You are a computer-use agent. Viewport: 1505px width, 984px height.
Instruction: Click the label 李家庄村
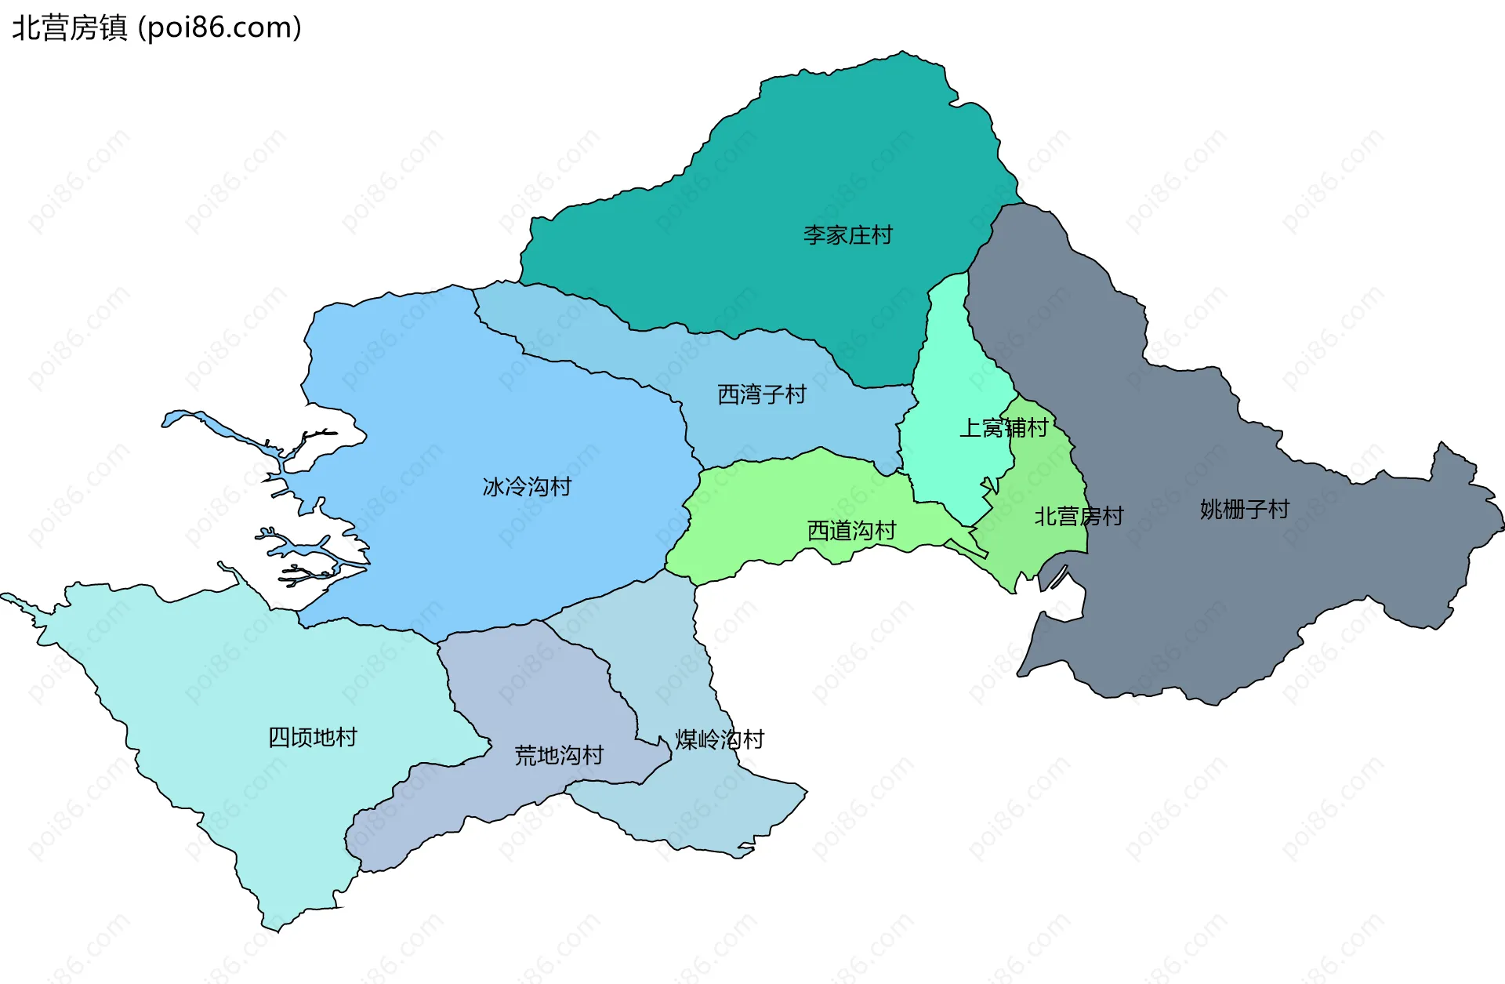[x=847, y=235]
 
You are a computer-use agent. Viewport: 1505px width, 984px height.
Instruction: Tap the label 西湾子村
[x=762, y=394]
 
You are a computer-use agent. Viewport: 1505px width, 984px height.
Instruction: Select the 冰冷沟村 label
[x=527, y=487]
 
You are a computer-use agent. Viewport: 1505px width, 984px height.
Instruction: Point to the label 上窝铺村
[x=1003, y=428]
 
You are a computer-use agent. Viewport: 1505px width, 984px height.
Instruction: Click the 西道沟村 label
[x=851, y=531]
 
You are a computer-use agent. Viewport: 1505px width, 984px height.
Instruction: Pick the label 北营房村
[x=1079, y=517]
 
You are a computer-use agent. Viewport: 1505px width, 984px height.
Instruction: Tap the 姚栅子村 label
[x=1244, y=510]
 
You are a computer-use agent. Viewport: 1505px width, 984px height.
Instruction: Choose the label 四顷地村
[x=313, y=737]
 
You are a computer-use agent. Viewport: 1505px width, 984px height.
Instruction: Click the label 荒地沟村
[x=559, y=756]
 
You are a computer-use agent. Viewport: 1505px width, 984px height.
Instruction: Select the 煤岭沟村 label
[x=720, y=739]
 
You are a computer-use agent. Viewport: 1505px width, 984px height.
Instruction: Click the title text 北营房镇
[x=70, y=28]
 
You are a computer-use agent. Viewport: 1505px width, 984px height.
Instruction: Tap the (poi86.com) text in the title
[x=220, y=28]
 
